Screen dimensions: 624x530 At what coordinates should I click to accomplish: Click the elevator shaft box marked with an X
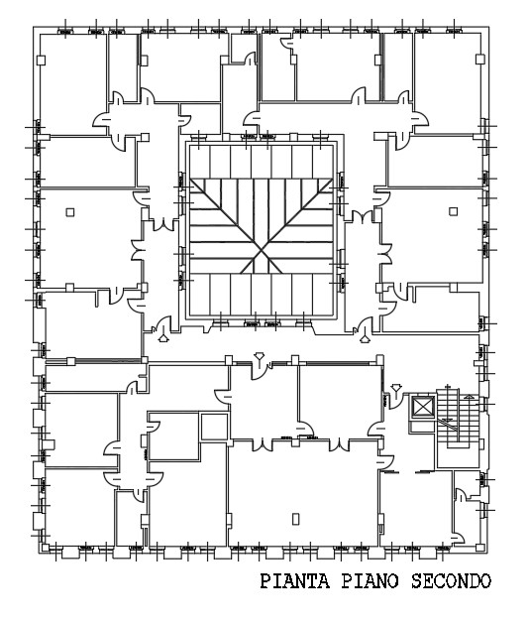click(x=423, y=408)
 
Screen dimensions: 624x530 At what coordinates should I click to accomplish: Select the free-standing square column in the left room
click(x=69, y=210)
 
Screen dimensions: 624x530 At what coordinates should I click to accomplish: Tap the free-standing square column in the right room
click(x=453, y=209)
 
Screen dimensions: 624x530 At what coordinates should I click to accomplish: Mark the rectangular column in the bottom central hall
click(x=296, y=517)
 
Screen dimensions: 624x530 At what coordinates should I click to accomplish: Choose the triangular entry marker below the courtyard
click(x=260, y=358)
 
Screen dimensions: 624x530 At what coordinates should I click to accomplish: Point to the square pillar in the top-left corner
click(x=43, y=61)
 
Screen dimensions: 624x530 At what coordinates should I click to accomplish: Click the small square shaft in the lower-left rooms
click(x=213, y=427)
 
